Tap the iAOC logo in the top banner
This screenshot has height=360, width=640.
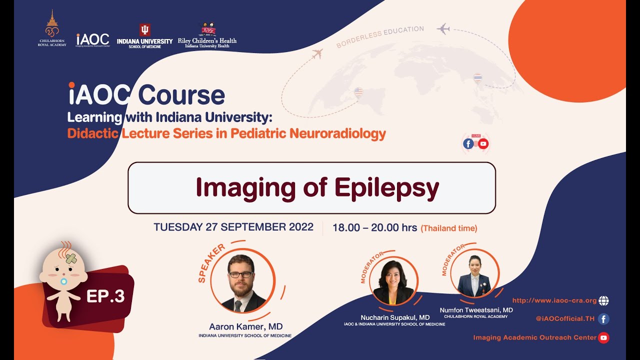point(92,39)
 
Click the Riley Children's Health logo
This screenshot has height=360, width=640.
point(207,35)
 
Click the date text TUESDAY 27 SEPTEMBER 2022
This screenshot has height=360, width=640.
point(233,227)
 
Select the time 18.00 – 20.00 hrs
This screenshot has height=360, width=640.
point(375,228)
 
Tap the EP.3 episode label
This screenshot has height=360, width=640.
point(105,296)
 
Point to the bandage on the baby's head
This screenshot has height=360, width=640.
point(71,258)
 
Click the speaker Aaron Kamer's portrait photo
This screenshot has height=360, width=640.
point(242,282)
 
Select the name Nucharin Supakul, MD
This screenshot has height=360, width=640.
point(395,317)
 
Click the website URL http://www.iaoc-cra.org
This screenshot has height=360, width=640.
point(554,300)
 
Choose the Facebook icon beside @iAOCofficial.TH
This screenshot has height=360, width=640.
point(603,318)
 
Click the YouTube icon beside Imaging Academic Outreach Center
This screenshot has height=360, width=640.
point(603,337)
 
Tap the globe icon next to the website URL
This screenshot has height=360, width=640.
point(603,300)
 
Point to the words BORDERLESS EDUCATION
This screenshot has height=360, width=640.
point(380,36)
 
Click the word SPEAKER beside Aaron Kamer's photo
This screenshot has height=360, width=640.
point(211,263)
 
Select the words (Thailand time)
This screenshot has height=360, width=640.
point(449,228)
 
